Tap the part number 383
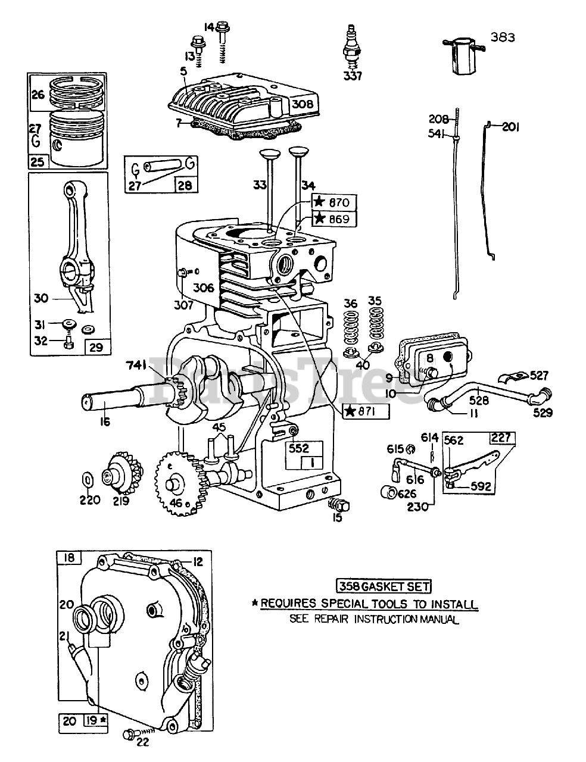click(x=503, y=38)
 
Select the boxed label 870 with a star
click(x=333, y=202)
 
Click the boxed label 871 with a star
click(x=366, y=411)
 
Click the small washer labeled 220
click(x=86, y=480)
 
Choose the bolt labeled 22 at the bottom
click(x=129, y=733)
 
